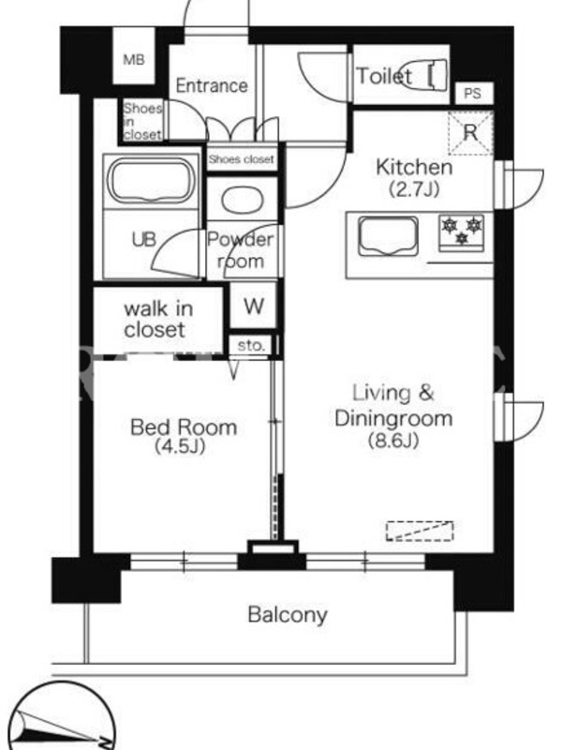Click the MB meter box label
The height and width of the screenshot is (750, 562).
(133, 60)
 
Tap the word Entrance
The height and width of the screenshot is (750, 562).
(212, 85)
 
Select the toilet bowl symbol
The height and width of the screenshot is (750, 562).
(424, 74)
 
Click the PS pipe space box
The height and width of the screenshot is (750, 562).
(473, 93)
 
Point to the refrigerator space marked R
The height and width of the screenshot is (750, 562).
(470, 132)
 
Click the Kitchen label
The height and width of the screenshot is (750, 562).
(414, 167)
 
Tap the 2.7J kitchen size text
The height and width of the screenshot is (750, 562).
(414, 190)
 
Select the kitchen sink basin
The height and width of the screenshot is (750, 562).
(389, 235)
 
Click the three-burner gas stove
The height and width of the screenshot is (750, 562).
(462, 232)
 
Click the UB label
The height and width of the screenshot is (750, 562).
(144, 239)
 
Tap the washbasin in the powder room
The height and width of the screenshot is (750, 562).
(243, 199)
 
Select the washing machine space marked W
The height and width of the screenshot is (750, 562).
(254, 306)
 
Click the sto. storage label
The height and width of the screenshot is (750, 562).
(251, 345)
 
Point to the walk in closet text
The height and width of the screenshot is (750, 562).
(158, 319)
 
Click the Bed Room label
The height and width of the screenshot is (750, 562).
(184, 427)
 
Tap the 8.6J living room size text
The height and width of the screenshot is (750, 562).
(393, 440)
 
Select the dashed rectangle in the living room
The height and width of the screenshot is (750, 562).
(420, 531)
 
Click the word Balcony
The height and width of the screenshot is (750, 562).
(288, 615)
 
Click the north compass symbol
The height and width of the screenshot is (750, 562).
(62, 717)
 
